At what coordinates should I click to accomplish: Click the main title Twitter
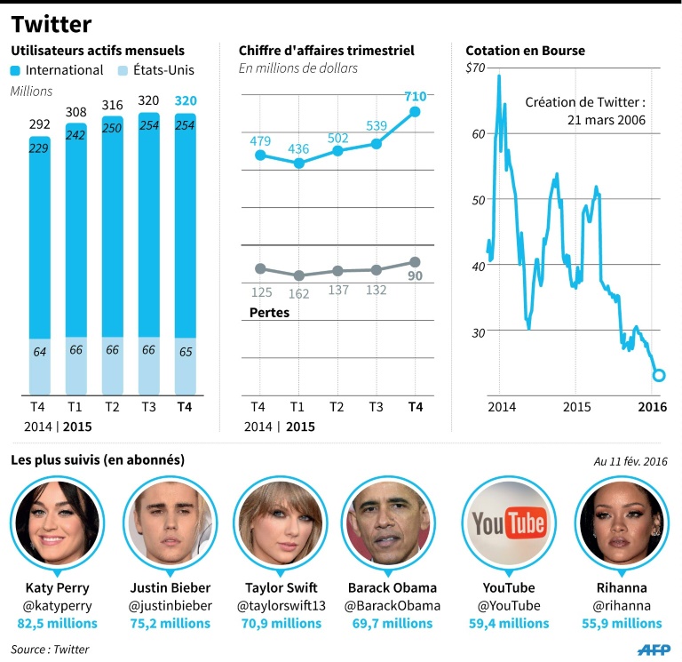click(51, 23)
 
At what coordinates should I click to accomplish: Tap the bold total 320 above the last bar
click(186, 100)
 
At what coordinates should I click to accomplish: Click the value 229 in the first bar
click(39, 148)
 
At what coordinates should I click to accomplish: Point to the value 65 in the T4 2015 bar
click(186, 351)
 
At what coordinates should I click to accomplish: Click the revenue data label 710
click(415, 96)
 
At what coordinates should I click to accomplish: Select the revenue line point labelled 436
click(299, 163)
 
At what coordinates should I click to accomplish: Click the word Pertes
click(269, 313)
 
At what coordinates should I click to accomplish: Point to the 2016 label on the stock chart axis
click(653, 407)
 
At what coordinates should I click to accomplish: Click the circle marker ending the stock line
click(659, 375)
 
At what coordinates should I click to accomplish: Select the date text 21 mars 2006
click(607, 119)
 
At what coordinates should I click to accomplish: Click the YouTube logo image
click(507, 525)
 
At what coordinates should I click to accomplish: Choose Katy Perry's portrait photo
click(58, 525)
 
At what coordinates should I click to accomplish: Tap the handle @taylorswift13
click(281, 606)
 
